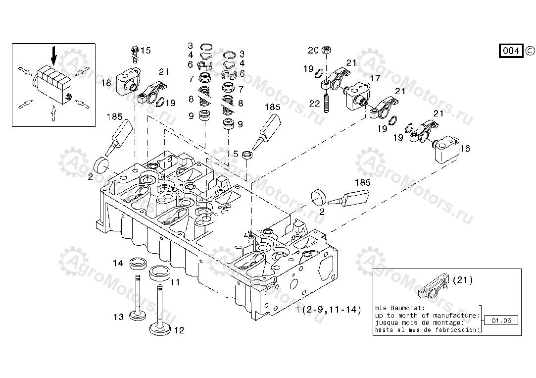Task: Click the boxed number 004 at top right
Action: pos(511,51)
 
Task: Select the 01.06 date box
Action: pos(501,320)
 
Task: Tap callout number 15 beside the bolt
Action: pos(145,51)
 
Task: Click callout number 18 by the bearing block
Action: pos(106,83)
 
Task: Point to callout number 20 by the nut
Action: pos(313,50)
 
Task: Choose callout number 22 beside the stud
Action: pos(315,103)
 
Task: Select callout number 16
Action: pos(465,148)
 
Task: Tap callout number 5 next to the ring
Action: pos(236,154)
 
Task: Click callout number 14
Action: pos(118,263)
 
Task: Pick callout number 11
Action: pos(175,282)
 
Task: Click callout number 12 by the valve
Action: pos(179,330)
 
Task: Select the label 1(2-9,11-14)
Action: pos(329,310)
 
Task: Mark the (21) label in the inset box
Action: pos(464,280)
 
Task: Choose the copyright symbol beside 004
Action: pos(530,51)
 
